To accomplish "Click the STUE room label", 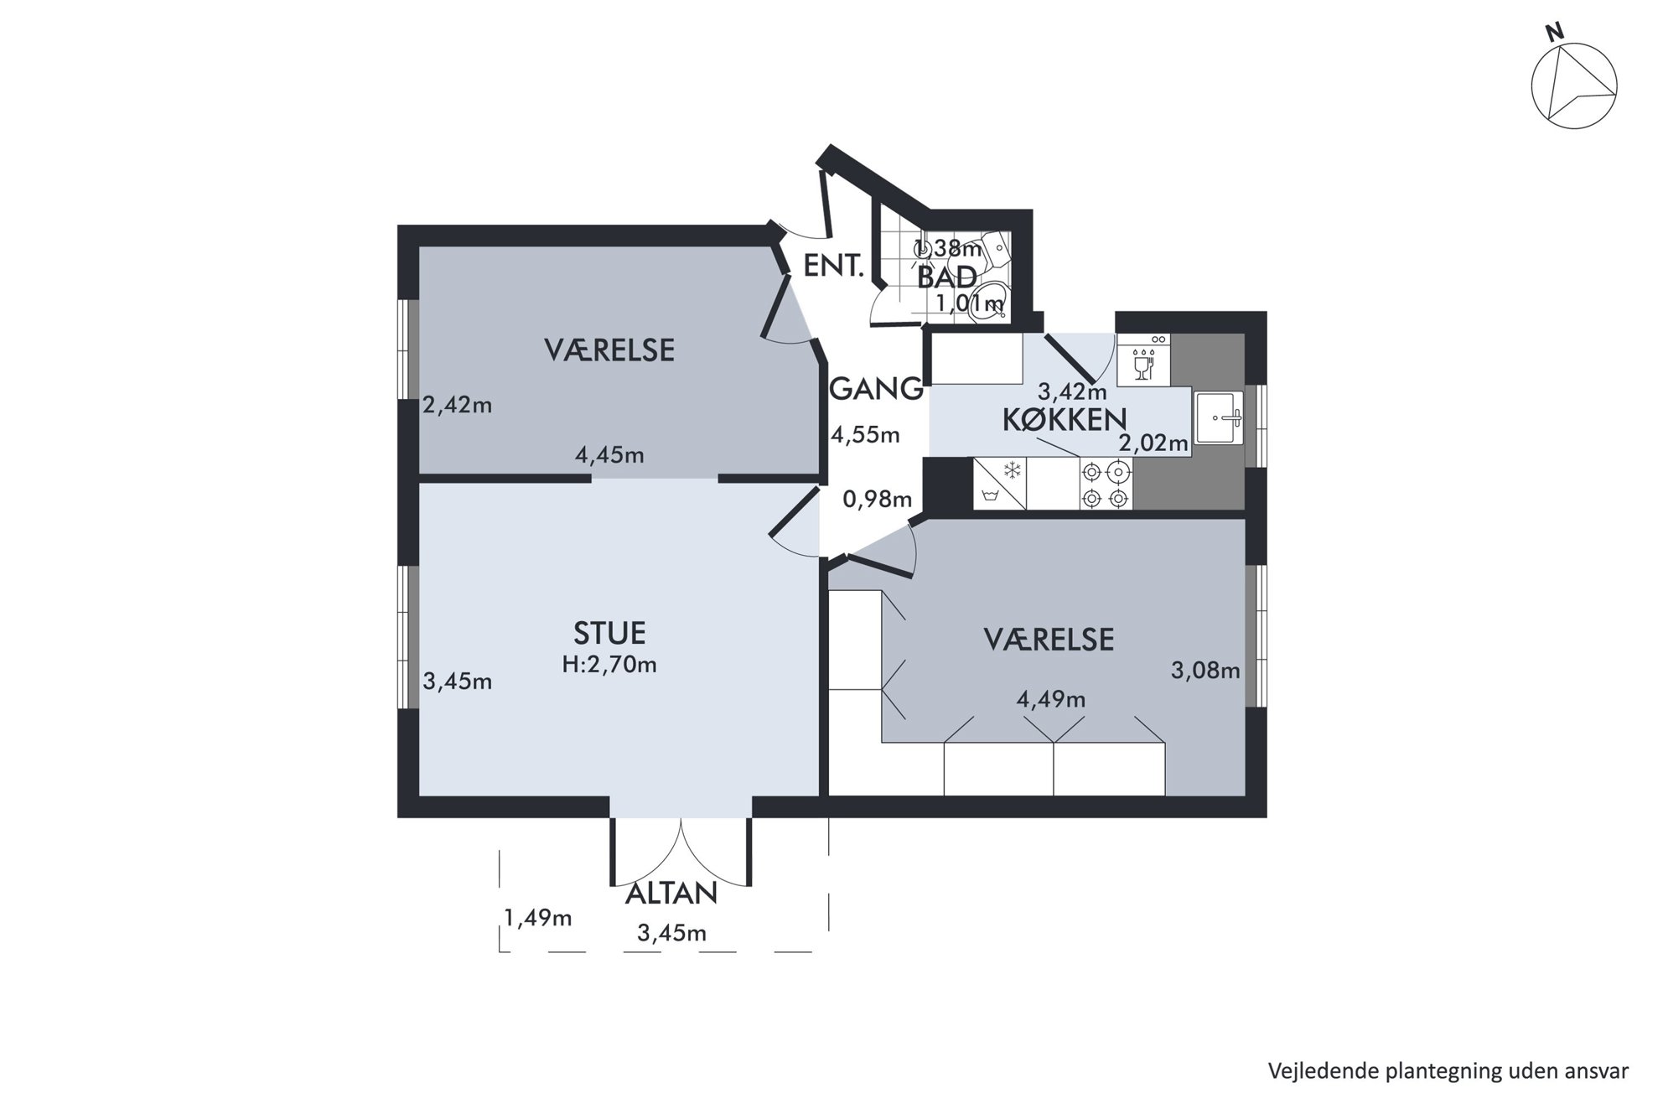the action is coord(609,633).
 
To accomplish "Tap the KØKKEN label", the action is coord(1065,420).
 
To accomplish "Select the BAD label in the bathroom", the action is coord(947,277).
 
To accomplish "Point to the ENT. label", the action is coord(833,266).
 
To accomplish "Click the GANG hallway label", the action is coord(877,389).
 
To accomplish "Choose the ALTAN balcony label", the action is coord(671,894).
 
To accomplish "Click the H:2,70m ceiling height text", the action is coord(609,665).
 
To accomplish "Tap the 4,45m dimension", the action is coord(609,455).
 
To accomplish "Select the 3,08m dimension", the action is coord(1205,671).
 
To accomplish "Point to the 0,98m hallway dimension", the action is coord(877,500).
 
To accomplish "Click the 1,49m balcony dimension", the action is coord(538,919).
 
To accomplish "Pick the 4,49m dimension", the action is coord(1051,699).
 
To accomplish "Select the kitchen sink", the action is coord(1219,417).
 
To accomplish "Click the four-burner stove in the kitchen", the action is coord(1106,485).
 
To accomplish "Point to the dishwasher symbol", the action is coord(1143,360).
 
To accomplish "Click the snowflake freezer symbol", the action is coord(1013,469).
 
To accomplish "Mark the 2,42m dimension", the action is coord(457,406).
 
